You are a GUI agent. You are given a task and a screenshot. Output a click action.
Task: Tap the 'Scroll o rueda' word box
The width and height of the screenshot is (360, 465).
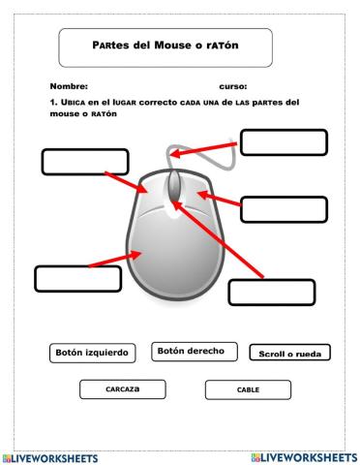click(x=289, y=354)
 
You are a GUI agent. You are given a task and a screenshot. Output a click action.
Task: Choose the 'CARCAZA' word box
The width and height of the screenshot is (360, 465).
click(x=122, y=389)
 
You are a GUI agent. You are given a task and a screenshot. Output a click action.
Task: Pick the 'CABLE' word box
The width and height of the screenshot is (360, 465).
click(x=248, y=390)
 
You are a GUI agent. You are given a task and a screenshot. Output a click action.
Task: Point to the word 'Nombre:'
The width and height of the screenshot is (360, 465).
click(x=68, y=86)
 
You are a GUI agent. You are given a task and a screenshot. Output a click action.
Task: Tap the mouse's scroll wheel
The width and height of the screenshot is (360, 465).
click(x=174, y=185)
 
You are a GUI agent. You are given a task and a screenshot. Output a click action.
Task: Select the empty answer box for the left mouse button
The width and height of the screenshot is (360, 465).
click(x=85, y=162)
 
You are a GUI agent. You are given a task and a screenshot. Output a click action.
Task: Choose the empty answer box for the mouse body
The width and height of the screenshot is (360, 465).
click(x=77, y=278)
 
